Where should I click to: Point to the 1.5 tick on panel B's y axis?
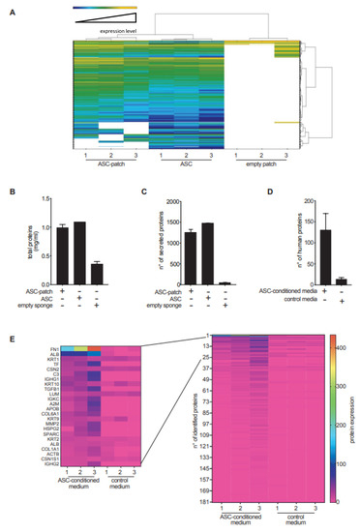(x=41, y=200)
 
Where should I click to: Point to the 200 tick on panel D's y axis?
(x=279, y=200)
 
